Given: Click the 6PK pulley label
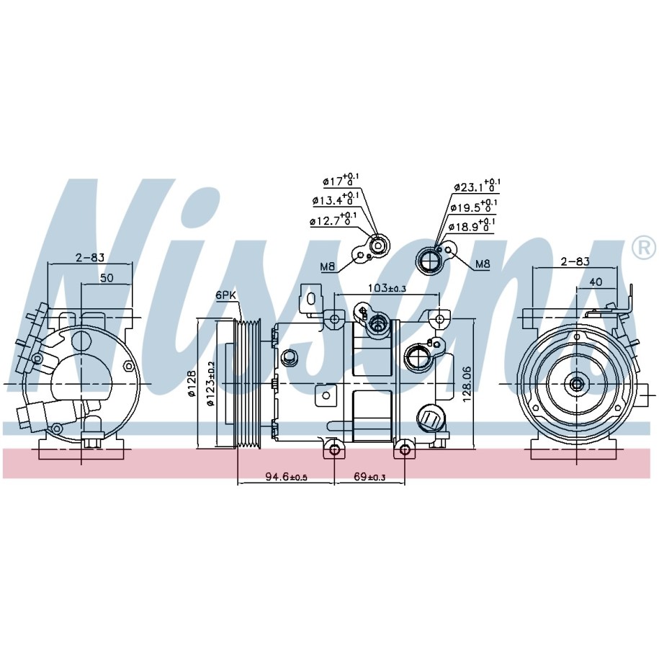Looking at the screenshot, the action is point(226,295).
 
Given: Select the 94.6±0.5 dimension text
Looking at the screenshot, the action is point(286,477).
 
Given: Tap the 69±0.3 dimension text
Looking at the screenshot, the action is point(370,477).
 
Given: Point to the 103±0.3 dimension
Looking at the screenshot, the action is point(387,288).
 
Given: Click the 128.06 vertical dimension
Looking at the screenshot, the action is point(467,385).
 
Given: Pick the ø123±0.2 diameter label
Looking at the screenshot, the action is point(210,384).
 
